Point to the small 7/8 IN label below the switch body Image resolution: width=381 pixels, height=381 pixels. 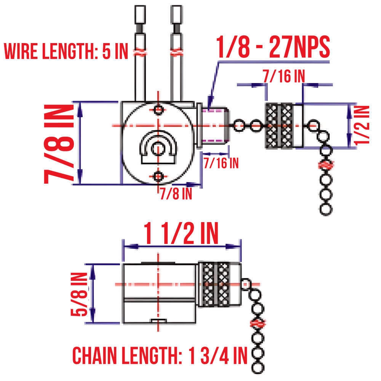[x=176, y=194]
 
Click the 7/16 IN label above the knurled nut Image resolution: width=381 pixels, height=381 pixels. [x=283, y=76]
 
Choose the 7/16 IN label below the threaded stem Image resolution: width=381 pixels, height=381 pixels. [x=221, y=163]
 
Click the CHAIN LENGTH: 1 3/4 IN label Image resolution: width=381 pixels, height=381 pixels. [x=160, y=355]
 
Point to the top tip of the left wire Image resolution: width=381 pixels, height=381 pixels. [x=140, y=8]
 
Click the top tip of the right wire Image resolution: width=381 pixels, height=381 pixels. [x=176, y=8]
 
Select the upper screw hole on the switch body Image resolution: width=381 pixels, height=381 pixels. [x=159, y=109]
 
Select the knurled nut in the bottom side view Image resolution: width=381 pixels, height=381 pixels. [x=216, y=284]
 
